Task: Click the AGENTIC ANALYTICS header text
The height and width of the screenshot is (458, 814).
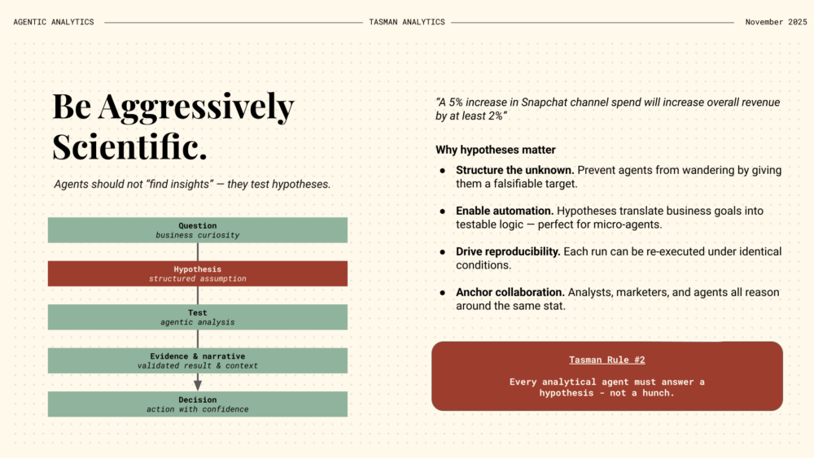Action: point(54,22)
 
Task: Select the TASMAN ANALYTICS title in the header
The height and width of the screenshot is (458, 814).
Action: point(407,22)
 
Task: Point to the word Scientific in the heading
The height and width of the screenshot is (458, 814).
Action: point(128,146)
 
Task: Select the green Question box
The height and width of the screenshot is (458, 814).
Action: point(198,230)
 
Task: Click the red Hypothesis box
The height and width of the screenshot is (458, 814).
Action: point(198,273)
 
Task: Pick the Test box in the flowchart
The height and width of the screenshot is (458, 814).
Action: point(198,317)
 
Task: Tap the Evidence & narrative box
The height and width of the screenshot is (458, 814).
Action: point(198,360)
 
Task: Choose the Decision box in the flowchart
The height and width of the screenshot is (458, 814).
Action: point(198,404)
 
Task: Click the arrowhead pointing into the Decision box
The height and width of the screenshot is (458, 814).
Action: point(198,385)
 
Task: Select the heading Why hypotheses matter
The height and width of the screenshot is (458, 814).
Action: point(496,150)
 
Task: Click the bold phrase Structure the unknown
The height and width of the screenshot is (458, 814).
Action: point(505,170)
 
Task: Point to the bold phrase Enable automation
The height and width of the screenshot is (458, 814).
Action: point(505,211)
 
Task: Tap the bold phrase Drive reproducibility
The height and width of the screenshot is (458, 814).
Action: point(508,251)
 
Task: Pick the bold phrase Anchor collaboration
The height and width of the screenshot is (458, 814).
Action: point(510,292)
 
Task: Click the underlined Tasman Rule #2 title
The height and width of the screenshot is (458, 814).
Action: point(607,360)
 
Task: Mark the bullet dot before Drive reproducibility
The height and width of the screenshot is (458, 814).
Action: point(443,251)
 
